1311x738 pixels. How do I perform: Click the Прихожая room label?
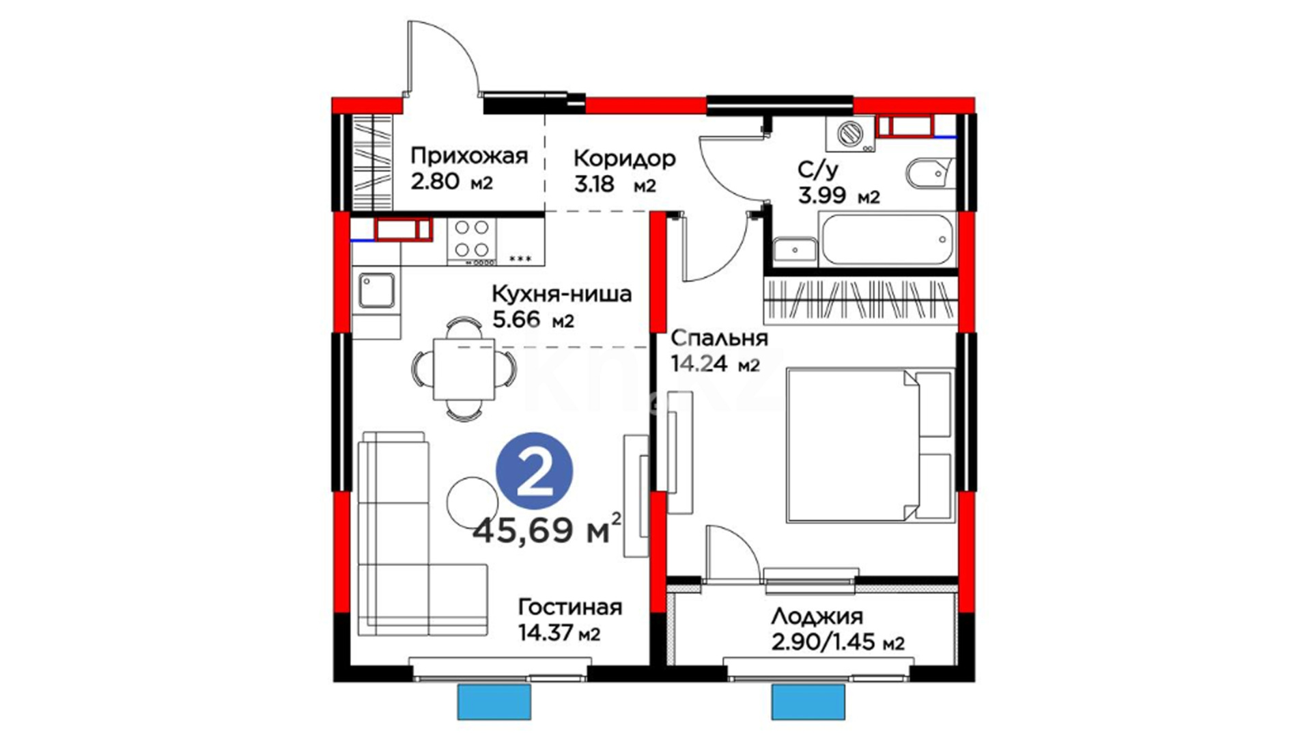click(x=469, y=156)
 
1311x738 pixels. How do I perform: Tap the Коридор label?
click(x=624, y=159)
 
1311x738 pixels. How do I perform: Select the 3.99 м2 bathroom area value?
click(x=839, y=196)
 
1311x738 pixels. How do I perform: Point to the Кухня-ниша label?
click(x=561, y=295)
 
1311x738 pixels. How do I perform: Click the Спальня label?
click(x=719, y=338)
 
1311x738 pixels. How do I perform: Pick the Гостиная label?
click(x=570, y=607)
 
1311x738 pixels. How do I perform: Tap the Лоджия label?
click(x=817, y=617)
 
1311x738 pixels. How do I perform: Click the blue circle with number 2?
click(x=535, y=471)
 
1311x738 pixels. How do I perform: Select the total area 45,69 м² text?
click(x=547, y=529)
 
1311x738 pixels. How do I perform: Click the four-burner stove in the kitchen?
click(x=472, y=241)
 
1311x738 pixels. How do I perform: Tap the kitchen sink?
click(x=376, y=290)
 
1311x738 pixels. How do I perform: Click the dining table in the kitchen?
click(x=464, y=369)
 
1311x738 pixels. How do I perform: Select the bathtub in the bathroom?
click(x=887, y=239)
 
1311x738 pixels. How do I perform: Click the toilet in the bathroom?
click(x=930, y=174)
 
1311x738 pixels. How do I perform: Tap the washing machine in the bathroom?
click(x=849, y=134)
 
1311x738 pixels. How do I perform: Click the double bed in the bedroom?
click(x=870, y=446)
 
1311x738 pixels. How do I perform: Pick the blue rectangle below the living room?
click(x=494, y=701)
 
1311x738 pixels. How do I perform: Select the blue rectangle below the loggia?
click(x=808, y=701)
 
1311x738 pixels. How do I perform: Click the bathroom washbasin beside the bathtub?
click(x=795, y=251)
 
